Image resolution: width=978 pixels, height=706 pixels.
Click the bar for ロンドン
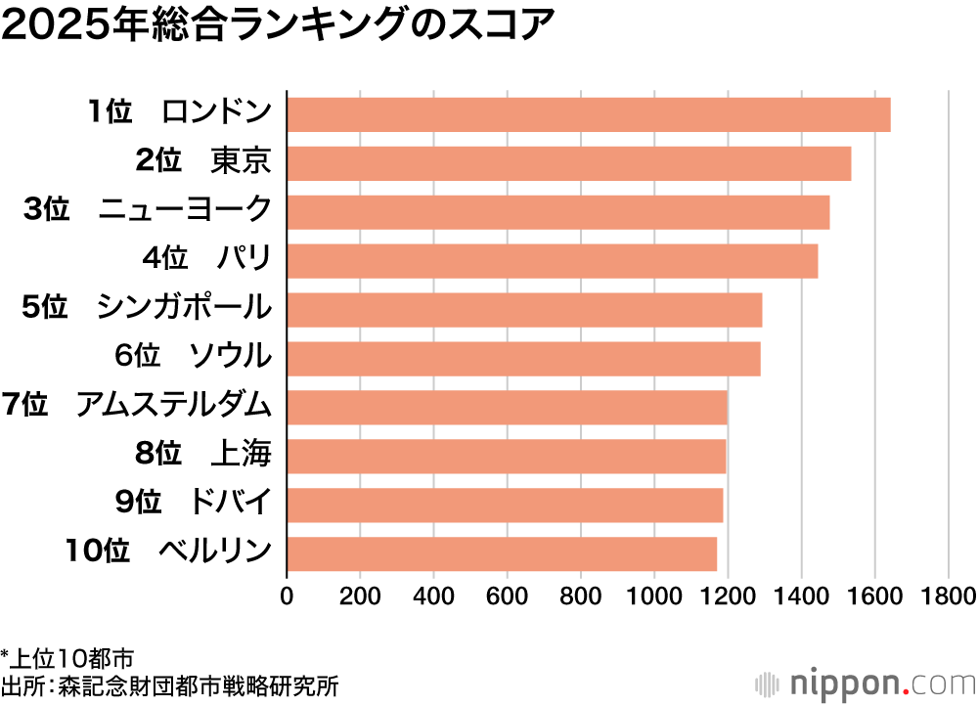pyautogui.click(x=588, y=114)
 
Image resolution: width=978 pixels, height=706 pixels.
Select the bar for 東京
pyautogui.click(x=568, y=163)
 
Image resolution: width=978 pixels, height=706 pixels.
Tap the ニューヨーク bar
pyautogui.click(x=557, y=212)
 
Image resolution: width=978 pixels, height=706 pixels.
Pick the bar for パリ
pyautogui.click(x=552, y=261)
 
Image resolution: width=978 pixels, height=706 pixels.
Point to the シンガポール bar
pyautogui.click(x=524, y=310)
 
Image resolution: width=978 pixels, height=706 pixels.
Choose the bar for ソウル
pyautogui.click(x=523, y=359)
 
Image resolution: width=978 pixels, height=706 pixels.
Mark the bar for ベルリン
pyautogui.click(x=502, y=553)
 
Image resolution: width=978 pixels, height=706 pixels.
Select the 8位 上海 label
pyautogui.click(x=202, y=454)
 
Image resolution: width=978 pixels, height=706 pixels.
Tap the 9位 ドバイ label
pyautogui.click(x=192, y=503)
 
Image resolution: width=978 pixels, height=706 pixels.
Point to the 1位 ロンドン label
pyautogui.click(x=178, y=112)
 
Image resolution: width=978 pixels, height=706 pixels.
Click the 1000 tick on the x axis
pyautogui.click(x=654, y=596)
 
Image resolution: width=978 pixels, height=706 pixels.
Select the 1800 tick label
pyautogui.click(x=948, y=596)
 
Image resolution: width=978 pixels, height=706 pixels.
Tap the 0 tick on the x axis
pyautogui.click(x=287, y=596)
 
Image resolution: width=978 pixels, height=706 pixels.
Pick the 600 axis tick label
pyautogui.click(x=508, y=596)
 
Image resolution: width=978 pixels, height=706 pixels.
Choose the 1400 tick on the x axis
pyautogui.click(x=801, y=596)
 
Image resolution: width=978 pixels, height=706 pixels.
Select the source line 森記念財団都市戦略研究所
pyautogui.click(x=170, y=685)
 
